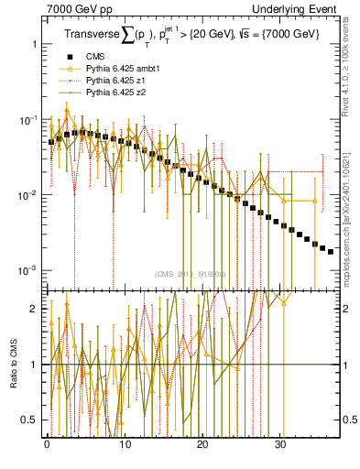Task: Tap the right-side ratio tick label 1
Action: (345, 365)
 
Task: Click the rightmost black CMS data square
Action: (331, 251)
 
